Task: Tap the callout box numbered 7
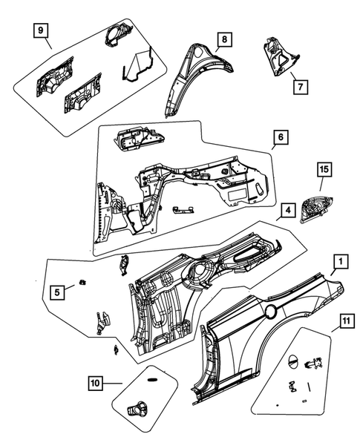300,86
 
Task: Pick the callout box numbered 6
279,137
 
